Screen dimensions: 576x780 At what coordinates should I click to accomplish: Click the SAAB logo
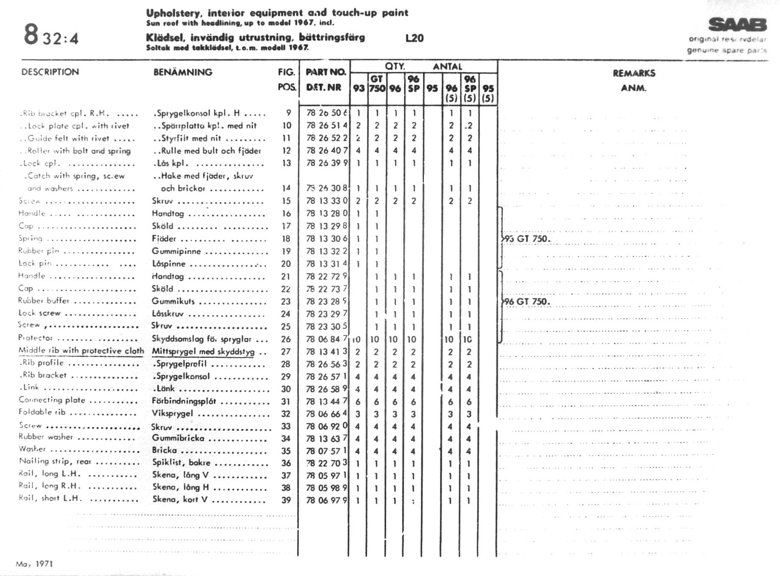coord(738,25)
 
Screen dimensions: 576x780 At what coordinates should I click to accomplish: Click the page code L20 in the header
coord(414,38)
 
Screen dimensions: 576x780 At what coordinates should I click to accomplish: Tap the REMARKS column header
coord(634,73)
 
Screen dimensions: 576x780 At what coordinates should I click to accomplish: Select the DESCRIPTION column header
coord(50,72)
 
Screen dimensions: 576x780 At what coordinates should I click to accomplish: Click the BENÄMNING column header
coord(183,72)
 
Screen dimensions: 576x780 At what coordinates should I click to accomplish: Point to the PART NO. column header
coord(326,72)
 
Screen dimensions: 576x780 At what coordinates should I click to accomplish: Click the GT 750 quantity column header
coord(377,84)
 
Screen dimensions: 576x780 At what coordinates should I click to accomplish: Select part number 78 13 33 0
coord(326,201)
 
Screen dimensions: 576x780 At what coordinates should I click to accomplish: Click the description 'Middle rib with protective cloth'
coord(81,351)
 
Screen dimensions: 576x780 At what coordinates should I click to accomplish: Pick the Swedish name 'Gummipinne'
coord(176,251)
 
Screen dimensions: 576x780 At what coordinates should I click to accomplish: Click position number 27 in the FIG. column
coord(286,352)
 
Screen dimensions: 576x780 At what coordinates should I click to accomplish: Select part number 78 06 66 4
coord(326,414)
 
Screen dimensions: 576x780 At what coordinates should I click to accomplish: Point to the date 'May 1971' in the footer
coord(34,564)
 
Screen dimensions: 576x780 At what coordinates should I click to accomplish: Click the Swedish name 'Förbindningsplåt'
coord(184,401)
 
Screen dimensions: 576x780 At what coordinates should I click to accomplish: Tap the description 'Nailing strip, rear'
coord(55,461)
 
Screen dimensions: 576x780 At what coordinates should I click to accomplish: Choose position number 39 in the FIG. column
coord(286,500)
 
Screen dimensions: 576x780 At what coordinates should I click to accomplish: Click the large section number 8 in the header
coord(31,35)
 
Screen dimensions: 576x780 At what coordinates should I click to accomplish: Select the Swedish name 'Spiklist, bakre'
coord(181,462)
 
